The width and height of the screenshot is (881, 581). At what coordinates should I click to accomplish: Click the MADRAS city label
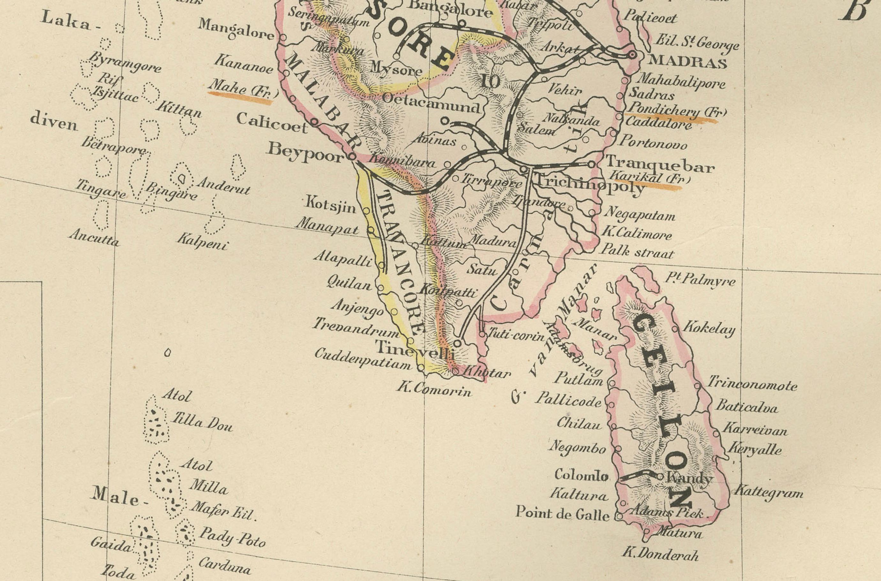687,62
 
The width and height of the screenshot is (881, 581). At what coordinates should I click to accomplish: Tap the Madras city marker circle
632,55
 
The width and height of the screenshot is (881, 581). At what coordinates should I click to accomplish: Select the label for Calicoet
272,122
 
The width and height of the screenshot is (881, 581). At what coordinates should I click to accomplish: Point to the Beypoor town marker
352,157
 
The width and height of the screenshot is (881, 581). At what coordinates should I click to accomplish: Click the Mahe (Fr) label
243,88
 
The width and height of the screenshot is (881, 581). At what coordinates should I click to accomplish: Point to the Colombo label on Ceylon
581,475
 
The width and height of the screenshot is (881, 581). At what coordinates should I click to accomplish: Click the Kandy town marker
660,477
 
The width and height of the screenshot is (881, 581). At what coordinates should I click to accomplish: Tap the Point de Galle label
562,513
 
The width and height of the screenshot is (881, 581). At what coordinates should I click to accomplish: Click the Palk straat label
637,251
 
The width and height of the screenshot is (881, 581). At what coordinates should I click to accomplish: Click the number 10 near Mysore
491,81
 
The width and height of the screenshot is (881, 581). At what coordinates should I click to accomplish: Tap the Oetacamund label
431,103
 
